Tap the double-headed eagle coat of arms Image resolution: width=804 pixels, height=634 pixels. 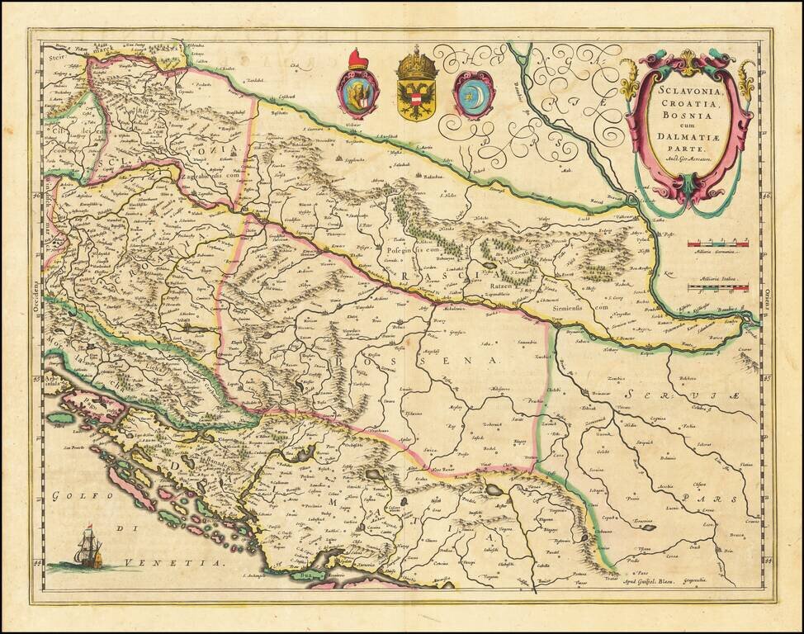[x=417, y=88]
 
